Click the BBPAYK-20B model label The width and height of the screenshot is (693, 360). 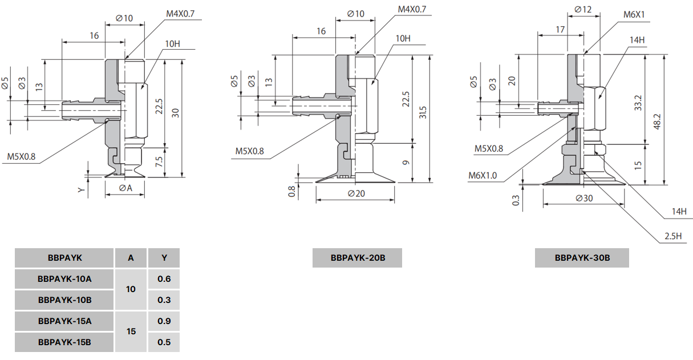pyautogui.click(x=357, y=258)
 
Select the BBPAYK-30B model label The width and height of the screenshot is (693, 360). pyautogui.click(x=582, y=258)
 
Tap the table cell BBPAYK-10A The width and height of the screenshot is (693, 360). pyautogui.click(x=64, y=279)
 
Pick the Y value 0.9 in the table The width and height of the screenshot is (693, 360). pyautogui.click(x=164, y=321)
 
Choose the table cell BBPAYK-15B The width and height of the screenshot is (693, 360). pyautogui.click(x=64, y=342)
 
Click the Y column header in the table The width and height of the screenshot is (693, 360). pyautogui.click(x=164, y=258)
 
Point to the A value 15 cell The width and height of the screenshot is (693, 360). pyautogui.click(x=131, y=331)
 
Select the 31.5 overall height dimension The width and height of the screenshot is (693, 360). pyautogui.click(x=423, y=112)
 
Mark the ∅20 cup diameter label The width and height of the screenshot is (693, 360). pyautogui.click(x=355, y=193)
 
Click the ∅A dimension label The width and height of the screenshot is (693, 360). pyautogui.click(x=125, y=188)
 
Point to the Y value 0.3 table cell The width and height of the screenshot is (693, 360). pyautogui.click(x=164, y=300)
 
